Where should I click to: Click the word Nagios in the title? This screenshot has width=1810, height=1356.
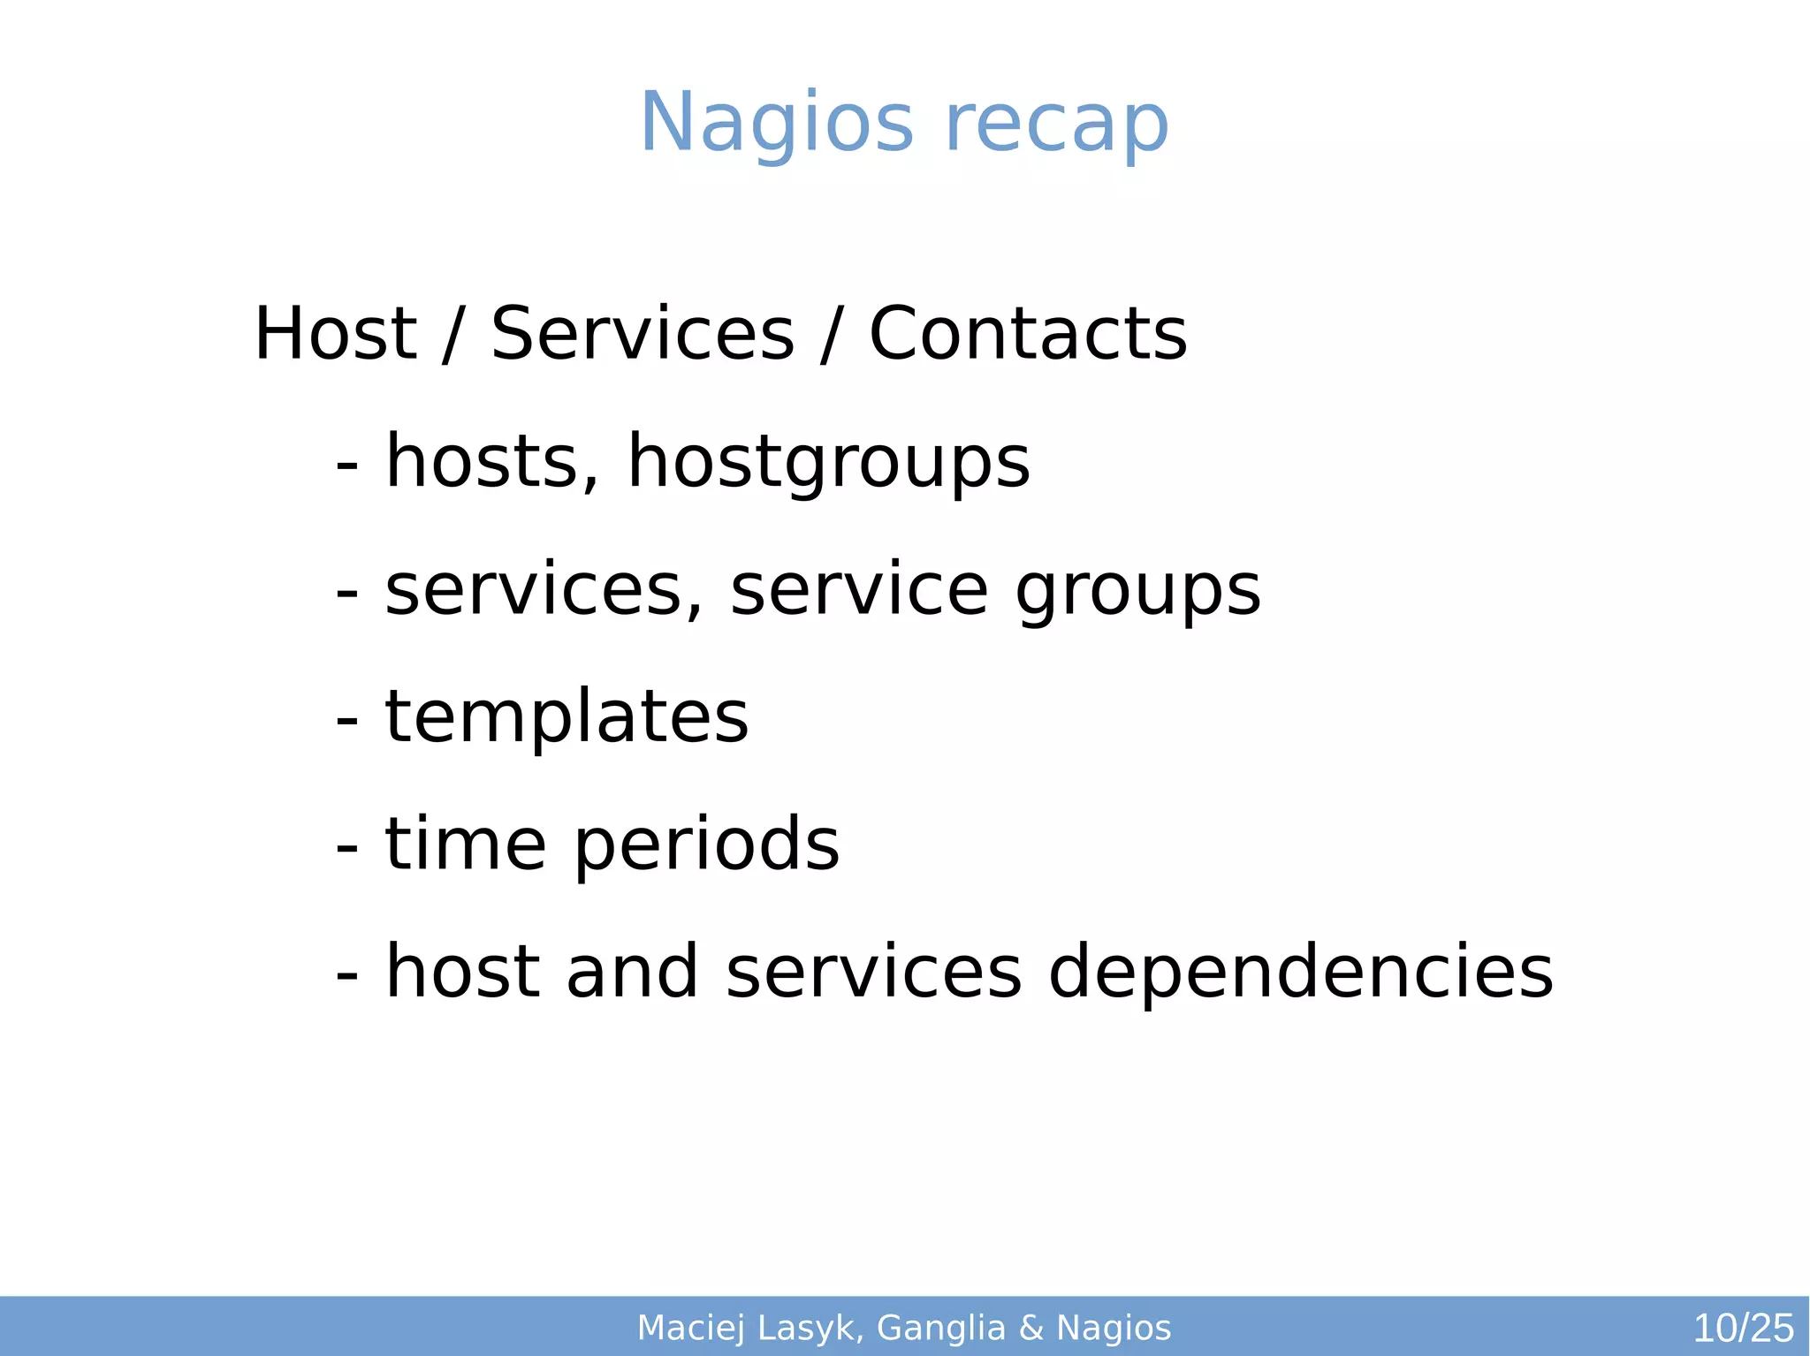tap(776, 124)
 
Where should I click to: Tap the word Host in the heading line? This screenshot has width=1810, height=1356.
tap(335, 334)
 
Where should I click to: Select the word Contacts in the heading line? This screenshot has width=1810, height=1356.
tap(1028, 334)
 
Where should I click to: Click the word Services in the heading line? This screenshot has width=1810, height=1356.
tap(643, 334)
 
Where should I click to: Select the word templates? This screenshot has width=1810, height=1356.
tap(567, 717)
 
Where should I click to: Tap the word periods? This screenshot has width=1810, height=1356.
tap(706, 845)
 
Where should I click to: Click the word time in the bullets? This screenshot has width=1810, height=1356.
tap(466, 845)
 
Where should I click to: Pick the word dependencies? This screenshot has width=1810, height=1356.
tap(1300, 972)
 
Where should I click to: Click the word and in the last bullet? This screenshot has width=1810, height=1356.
tap(632, 972)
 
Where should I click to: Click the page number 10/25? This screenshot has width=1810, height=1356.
tap(1742, 1328)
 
